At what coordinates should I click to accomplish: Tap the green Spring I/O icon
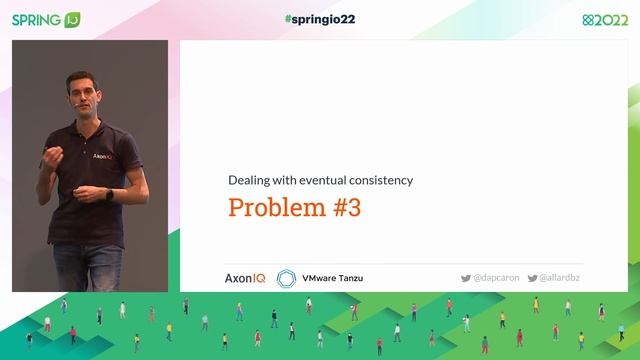(x=72, y=19)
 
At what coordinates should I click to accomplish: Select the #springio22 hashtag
(x=319, y=18)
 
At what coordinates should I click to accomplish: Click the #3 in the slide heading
(x=344, y=208)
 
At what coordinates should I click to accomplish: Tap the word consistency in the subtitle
(x=379, y=180)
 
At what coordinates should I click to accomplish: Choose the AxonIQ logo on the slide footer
(x=245, y=277)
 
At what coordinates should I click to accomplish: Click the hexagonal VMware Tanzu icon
(x=286, y=277)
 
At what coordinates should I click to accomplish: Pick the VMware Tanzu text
(x=333, y=277)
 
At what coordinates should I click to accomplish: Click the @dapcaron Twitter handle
(x=494, y=277)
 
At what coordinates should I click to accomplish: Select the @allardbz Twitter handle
(x=561, y=277)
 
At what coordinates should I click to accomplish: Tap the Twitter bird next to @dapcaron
(x=465, y=277)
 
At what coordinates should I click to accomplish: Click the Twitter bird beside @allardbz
(x=533, y=277)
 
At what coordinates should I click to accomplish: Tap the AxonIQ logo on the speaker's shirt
(x=102, y=157)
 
